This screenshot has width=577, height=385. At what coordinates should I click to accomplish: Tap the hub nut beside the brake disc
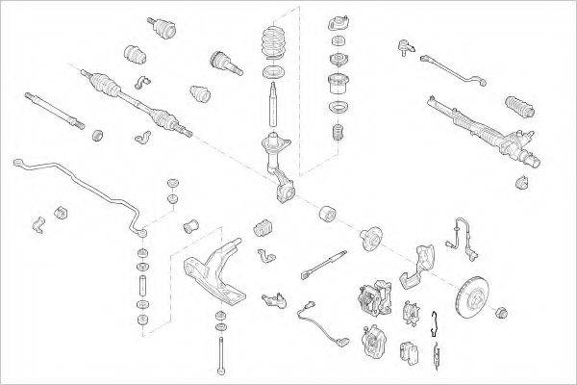coord(500,313)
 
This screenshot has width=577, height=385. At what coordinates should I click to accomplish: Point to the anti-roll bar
coord(77,183)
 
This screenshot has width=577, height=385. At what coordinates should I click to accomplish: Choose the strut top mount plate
coord(339,23)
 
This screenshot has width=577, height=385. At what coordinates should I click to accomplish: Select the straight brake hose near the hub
coord(324,263)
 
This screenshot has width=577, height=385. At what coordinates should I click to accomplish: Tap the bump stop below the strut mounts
coord(337,135)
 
